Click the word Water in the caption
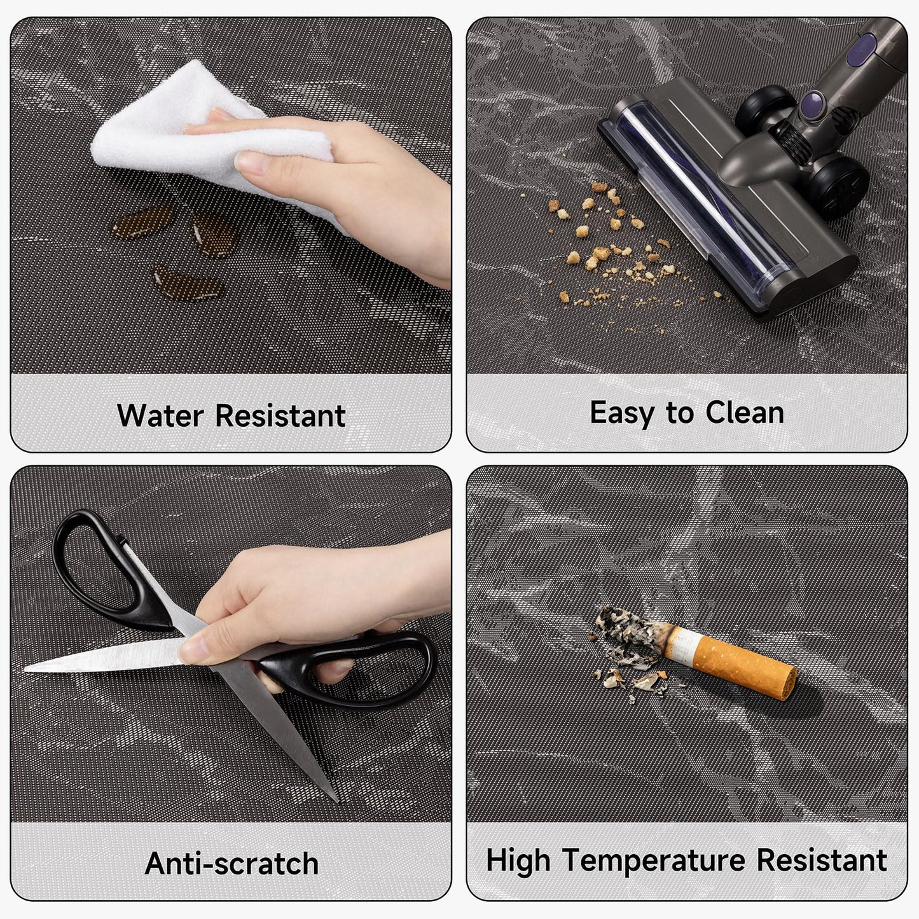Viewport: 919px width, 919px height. pyautogui.click(x=160, y=416)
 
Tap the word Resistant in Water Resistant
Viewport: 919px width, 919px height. pyautogui.click(x=280, y=416)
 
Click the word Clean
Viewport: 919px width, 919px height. pyautogui.click(x=745, y=413)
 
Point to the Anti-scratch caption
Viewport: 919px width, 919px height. pyautogui.click(x=231, y=864)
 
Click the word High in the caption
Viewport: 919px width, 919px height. pyautogui.click(x=518, y=862)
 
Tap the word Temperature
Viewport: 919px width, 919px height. pyautogui.click(x=654, y=862)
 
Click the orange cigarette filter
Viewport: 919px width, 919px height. pyautogui.click(x=744, y=667)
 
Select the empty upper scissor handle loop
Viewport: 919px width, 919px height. pyautogui.click(x=95, y=565)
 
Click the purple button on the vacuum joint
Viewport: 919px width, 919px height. pyautogui.click(x=812, y=103)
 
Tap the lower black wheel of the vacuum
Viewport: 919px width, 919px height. pyautogui.click(x=838, y=188)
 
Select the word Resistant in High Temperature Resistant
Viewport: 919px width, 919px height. pyautogui.click(x=821, y=860)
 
